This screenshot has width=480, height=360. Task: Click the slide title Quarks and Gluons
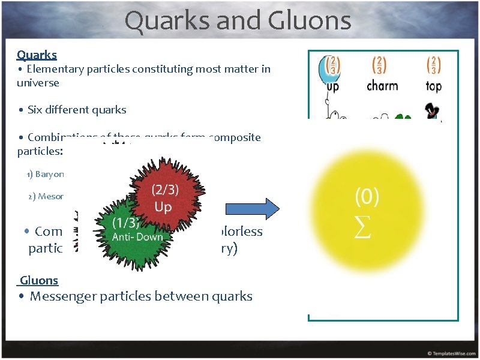[238, 21]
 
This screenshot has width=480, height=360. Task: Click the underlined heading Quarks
[37, 55]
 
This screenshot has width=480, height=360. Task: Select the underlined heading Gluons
[39, 280]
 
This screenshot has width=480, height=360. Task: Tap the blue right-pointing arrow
[252, 209]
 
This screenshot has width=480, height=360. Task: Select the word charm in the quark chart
[382, 86]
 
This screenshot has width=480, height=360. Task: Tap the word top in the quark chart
[433, 86]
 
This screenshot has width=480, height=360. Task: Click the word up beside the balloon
[333, 86]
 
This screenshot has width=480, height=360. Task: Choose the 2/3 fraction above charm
[380, 65]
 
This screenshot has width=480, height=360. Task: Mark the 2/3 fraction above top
[433, 65]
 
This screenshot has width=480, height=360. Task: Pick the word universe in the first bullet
[38, 83]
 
